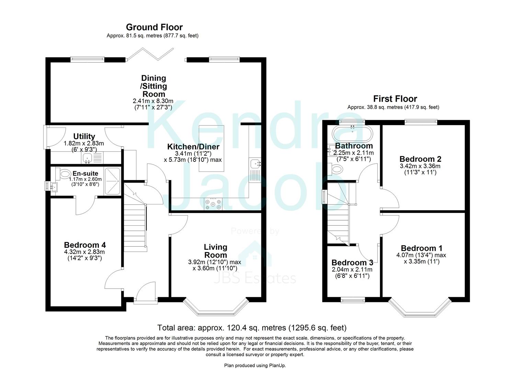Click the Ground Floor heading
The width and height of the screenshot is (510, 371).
[x=154, y=27]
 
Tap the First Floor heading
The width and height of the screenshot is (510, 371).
[x=395, y=99]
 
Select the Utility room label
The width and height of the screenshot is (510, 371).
[x=84, y=136]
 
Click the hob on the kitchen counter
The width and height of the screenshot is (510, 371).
[x=213, y=204]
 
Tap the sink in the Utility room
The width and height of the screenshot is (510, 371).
[x=87, y=158]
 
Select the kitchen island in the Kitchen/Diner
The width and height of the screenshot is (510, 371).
[x=211, y=148]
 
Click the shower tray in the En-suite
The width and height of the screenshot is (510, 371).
[x=112, y=181]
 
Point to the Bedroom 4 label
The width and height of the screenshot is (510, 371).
[x=85, y=245]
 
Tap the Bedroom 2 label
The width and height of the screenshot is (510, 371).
[x=420, y=159]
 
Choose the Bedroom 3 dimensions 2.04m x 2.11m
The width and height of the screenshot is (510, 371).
[x=352, y=270]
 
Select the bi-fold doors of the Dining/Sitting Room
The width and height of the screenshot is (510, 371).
[x=150, y=55]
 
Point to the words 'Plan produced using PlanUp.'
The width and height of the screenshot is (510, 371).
[x=255, y=366]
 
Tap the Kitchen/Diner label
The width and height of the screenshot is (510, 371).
[x=193, y=147]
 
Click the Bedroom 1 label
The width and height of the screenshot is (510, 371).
[x=421, y=248]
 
